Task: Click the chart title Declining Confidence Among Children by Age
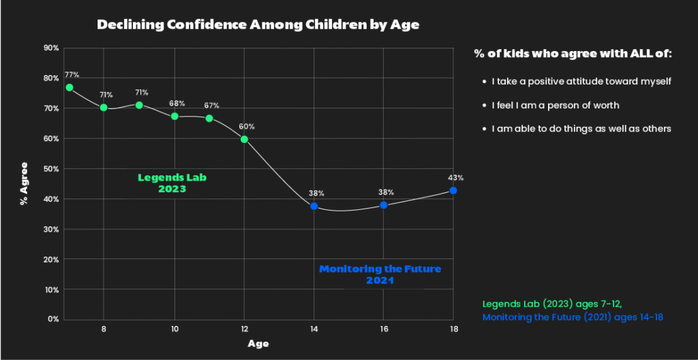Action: click(x=258, y=25)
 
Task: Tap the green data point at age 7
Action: click(x=70, y=87)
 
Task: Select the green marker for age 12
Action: click(x=245, y=139)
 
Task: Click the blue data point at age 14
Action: click(x=314, y=206)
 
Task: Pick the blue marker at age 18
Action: click(x=453, y=191)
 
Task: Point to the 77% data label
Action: click(x=72, y=75)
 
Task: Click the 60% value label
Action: click(x=247, y=127)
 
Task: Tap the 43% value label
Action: click(x=455, y=178)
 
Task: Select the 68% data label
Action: click(x=177, y=104)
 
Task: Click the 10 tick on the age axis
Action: click(x=174, y=329)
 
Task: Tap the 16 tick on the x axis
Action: click(x=384, y=329)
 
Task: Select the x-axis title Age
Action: click(x=258, y=344)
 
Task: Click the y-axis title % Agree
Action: click(x=25, y=183)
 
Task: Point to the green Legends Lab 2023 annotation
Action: click(x=172, y=183)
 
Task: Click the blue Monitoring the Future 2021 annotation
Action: click(x=380, y=274)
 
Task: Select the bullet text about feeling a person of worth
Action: click(x=555, y=105)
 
